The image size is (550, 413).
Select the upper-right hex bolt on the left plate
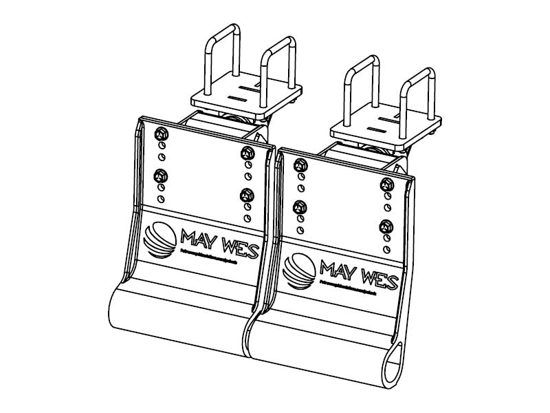[246, 153]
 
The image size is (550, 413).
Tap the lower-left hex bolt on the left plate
[161, 174]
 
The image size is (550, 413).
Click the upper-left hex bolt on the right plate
[300, 164]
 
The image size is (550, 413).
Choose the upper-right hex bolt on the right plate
[386, 183]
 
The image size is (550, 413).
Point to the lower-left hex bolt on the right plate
[300, 205]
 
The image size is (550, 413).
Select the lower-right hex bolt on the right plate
[386, 225]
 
